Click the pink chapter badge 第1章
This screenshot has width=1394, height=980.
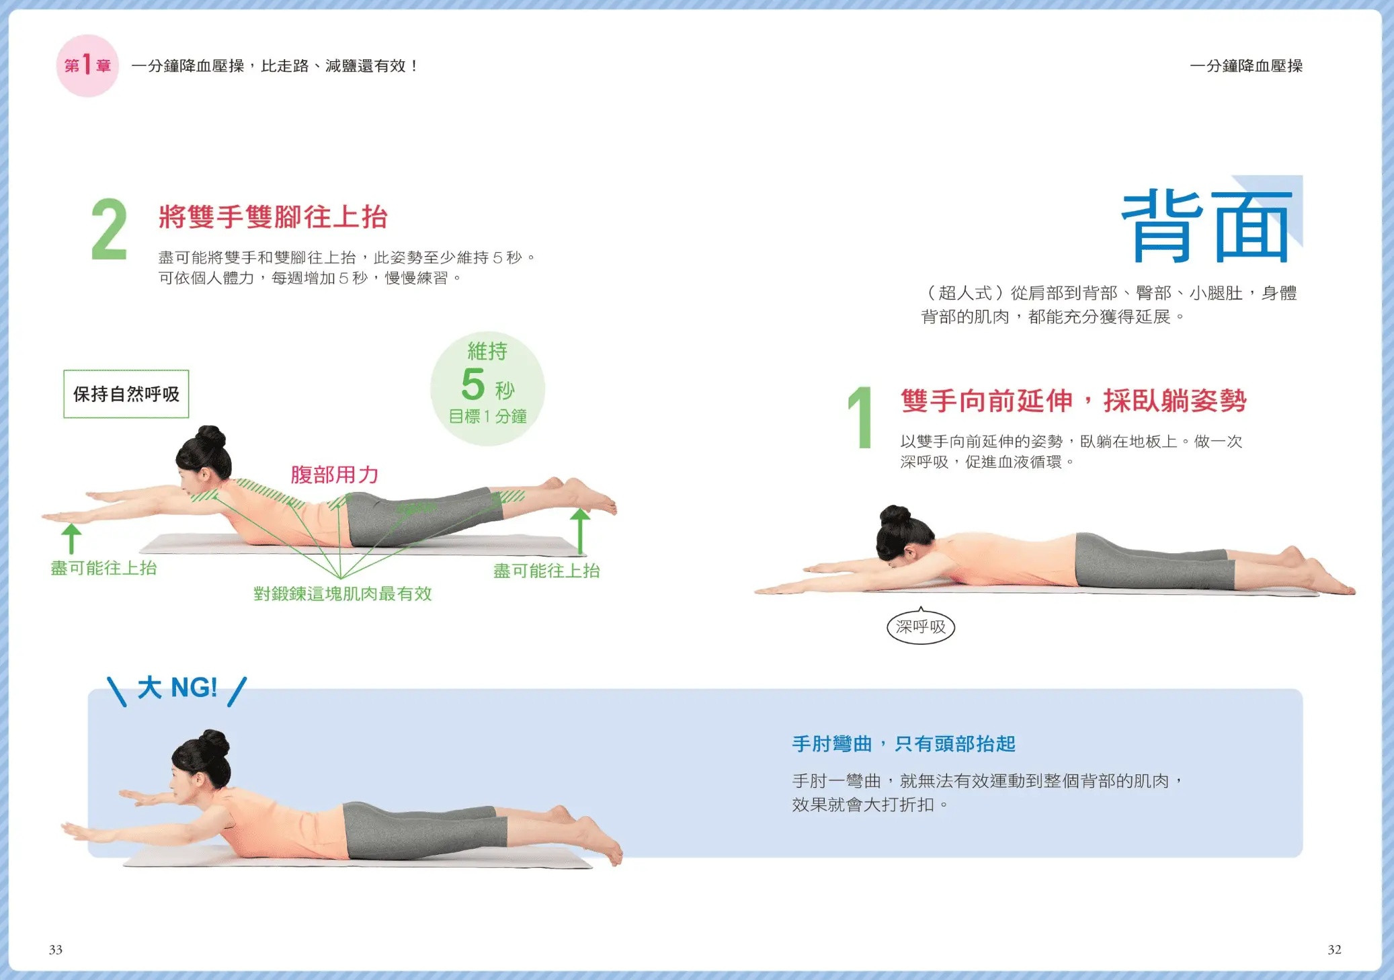[87, 66]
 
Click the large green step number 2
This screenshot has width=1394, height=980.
[109, 229]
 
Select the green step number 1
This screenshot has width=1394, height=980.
[860, 417]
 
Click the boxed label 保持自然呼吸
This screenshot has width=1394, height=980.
[126, 394]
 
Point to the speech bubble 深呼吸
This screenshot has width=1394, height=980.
[921, 626]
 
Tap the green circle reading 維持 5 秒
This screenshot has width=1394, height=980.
[487, 389]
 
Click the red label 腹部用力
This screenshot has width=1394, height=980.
[335, 475]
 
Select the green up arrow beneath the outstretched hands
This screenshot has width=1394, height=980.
[71, 538]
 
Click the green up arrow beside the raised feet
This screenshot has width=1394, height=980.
[580, 531]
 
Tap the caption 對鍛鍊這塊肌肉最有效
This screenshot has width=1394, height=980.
[342, 594]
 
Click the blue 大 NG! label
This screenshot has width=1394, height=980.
[177, 688]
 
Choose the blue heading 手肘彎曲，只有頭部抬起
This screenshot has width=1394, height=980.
[903, 744]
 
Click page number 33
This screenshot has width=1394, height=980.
[56, 950]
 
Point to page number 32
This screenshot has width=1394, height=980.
[1334, 950]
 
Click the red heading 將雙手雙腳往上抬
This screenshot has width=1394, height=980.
[273, 216]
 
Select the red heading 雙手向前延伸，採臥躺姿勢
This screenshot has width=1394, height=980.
[1073, 401]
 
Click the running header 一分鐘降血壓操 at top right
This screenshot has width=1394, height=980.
[1246, 66]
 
